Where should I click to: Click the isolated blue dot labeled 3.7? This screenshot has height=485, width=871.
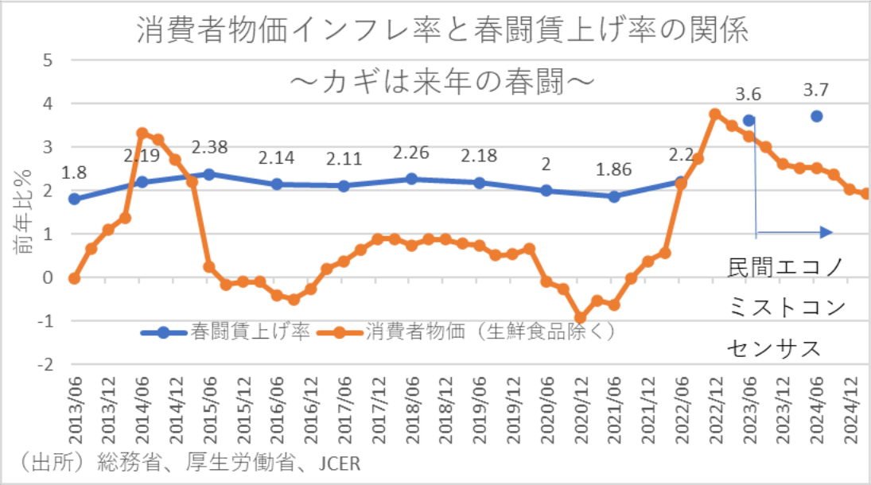816,116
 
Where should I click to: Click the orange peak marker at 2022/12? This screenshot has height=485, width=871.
715,114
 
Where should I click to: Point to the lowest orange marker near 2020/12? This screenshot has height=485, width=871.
581,317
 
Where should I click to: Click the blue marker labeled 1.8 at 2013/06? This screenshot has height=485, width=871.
74,199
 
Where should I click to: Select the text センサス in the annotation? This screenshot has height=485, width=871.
773,347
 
